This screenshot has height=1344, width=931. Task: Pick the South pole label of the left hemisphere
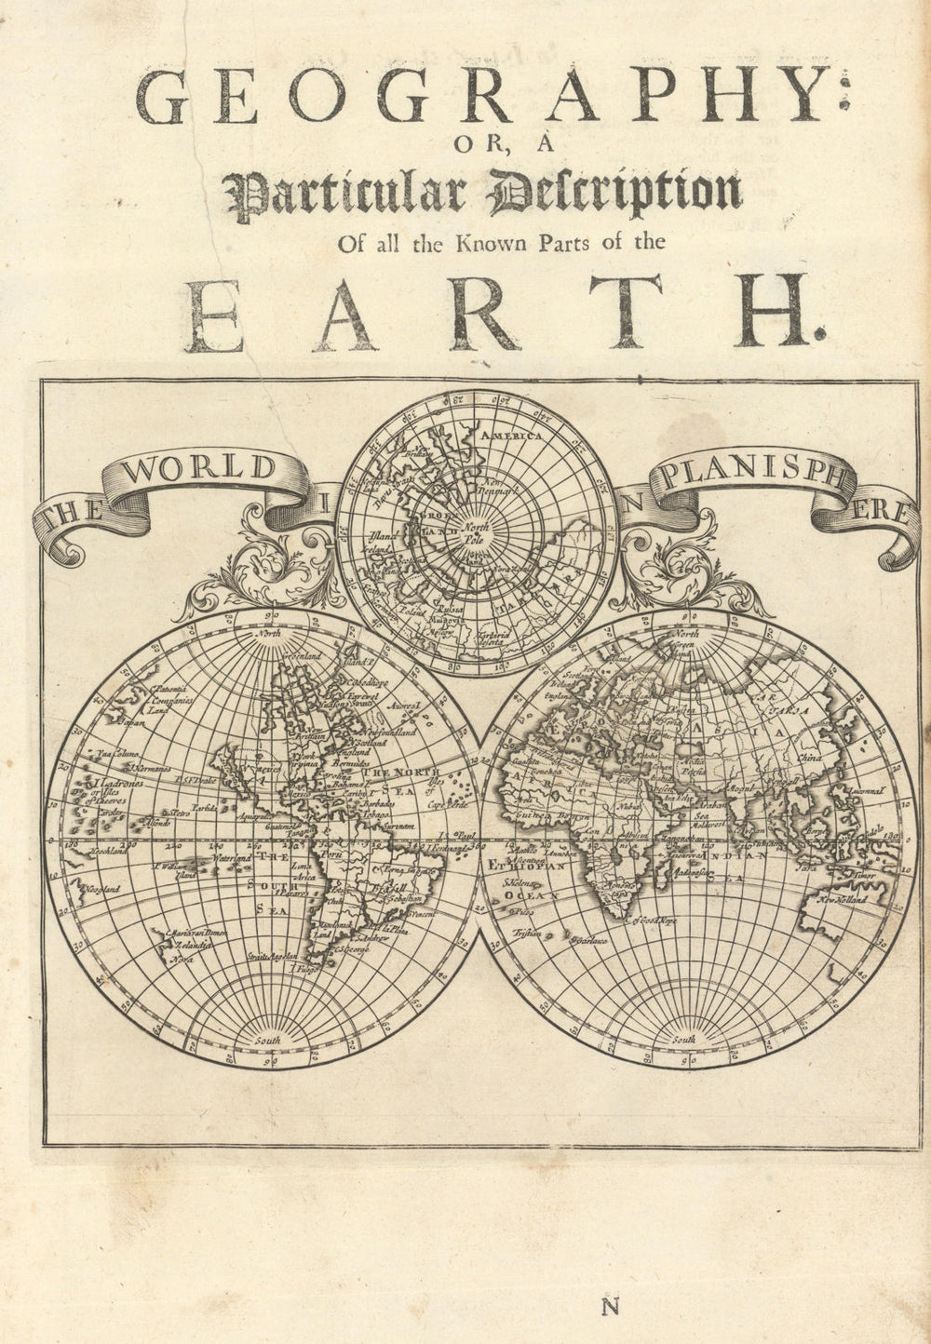point(269,1038)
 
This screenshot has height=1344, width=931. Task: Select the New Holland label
point(843,901)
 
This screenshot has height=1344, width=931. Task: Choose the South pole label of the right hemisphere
point(685,1038)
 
